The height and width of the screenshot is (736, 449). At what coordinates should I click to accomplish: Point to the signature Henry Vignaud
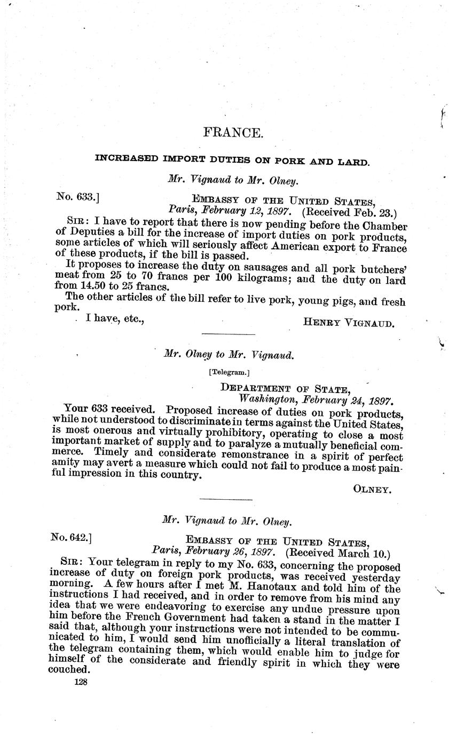pyautogui.click(x=349, y=322)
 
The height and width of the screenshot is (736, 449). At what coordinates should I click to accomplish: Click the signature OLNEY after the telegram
pyautogui.click(x=373, y=488)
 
